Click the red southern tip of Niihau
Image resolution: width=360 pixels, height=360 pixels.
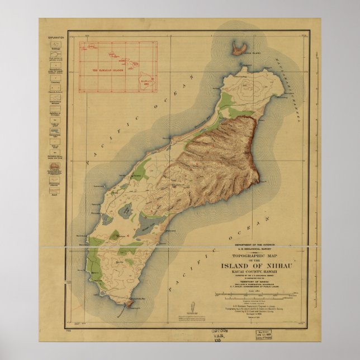pyautogui.click(x=129, y=304)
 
